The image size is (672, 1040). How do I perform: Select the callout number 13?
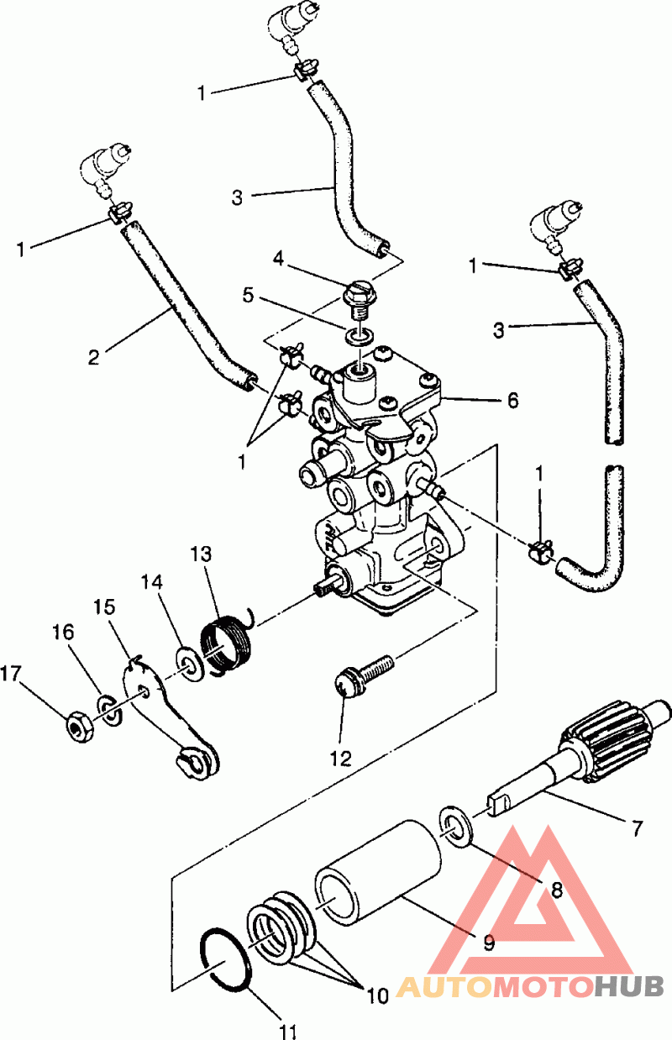point(201,554)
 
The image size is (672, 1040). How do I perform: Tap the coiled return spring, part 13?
point(228,642)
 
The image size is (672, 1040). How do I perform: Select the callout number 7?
point(638,827)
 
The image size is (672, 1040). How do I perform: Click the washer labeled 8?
point(455,830)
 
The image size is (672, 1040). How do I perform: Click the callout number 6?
point(512,400)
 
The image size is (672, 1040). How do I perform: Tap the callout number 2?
point(93,357)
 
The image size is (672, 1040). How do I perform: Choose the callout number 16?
point(64,633)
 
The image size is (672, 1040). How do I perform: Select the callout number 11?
point(288,1032)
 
